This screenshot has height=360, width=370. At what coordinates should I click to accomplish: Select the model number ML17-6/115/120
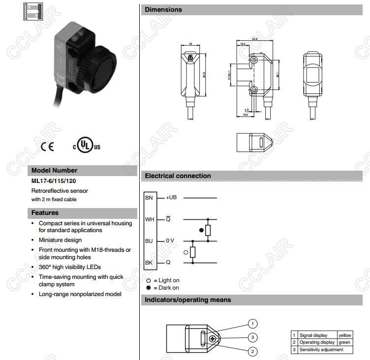tap(54, 181)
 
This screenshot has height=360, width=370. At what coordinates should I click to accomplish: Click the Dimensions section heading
tap(163, 10)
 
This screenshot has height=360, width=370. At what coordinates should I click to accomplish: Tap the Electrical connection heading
tap(178, 176)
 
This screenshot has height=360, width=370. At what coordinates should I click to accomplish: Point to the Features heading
tap(45, 213)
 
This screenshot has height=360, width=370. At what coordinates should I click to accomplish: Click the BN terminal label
tap(149, 197)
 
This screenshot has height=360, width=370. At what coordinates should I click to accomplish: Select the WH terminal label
tap(149, 219)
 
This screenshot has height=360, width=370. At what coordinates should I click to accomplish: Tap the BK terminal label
tap(149, 263)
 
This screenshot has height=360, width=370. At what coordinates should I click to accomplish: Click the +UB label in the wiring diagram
tap(171, 197)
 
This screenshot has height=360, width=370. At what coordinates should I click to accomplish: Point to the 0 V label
tap(170, 241)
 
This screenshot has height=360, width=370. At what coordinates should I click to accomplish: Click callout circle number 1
tap(252, 324)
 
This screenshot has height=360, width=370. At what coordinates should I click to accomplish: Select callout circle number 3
tap(252, 337)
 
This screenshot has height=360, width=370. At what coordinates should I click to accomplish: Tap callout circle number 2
tap(252, 351)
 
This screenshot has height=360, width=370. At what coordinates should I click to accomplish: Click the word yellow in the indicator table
tap(345, 335)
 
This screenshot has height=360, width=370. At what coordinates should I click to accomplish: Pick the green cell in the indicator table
tap(344, 342)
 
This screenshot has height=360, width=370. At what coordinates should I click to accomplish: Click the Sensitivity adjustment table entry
tap(321, 350)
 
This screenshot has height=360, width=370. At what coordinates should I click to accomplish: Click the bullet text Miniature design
tap(60, 240)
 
